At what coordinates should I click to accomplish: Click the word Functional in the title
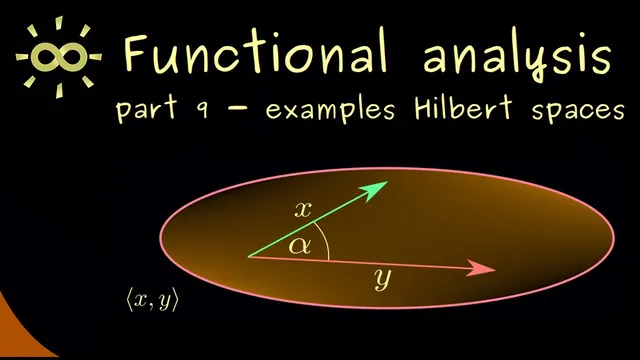coord(255,51)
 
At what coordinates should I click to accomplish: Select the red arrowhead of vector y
coord(485,269)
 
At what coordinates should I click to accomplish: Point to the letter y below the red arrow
coord(380,281)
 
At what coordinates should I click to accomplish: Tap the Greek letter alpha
coord(299,246)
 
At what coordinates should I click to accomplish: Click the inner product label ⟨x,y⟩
coord(152,299)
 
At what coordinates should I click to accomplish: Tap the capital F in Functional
coord(136,51)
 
